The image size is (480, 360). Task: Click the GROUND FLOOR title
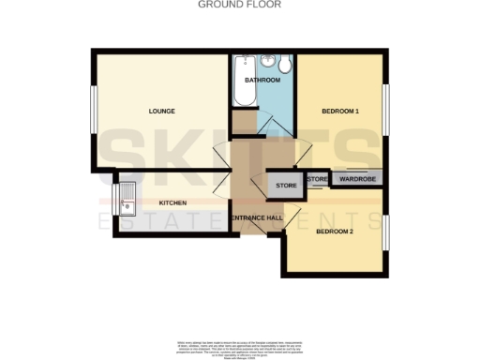click(239, 4)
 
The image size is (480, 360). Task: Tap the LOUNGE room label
click(161, 112)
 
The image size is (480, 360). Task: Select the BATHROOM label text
click(262, 81)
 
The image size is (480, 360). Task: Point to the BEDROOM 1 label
click(340, 112)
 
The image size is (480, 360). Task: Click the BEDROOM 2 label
click(335, 232)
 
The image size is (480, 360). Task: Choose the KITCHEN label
click(172, 202)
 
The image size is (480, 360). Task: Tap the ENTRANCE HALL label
click(257, 217)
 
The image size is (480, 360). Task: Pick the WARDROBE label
click(357, 178)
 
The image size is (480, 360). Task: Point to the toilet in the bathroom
click(286, 64)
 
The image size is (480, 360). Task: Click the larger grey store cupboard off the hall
click(286, 186)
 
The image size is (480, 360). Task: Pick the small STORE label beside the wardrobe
click(317, 178)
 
